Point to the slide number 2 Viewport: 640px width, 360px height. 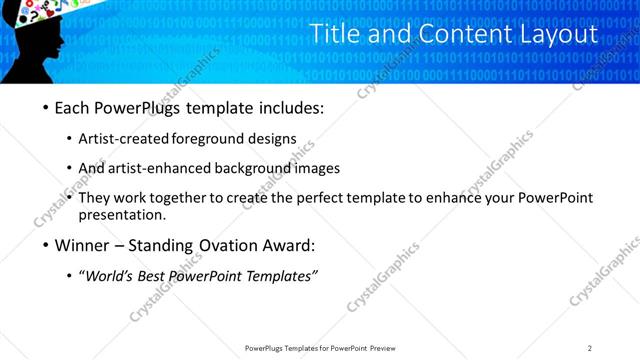click(590, 348)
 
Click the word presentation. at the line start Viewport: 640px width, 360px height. click(121, 214)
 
